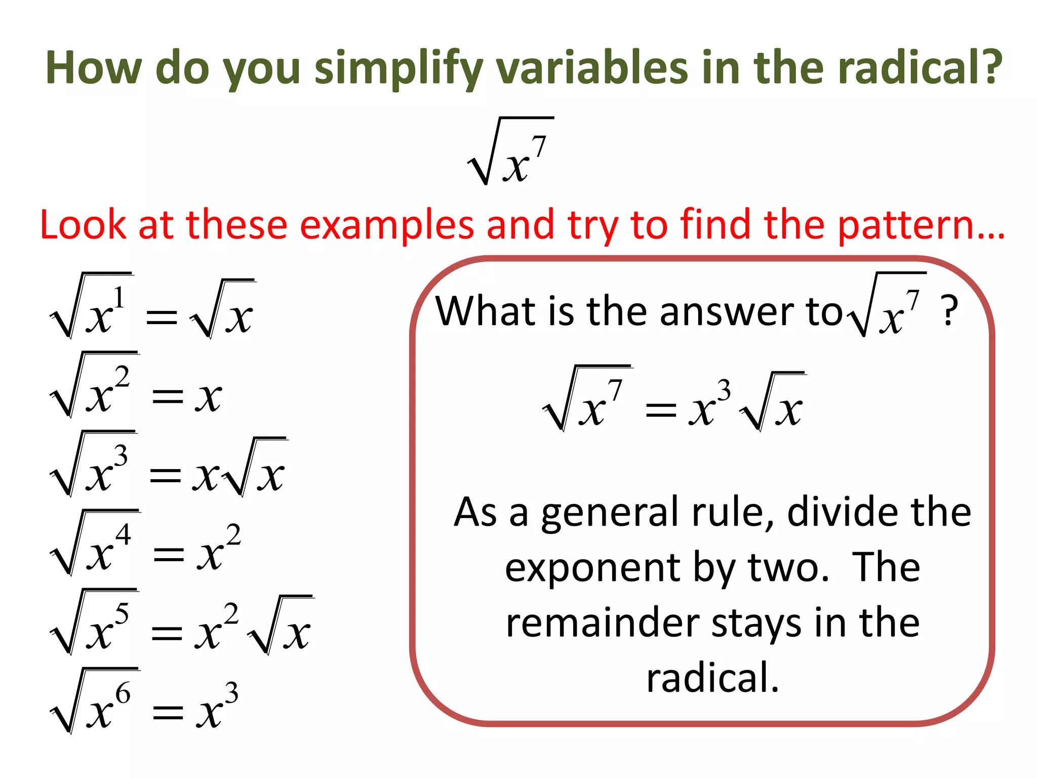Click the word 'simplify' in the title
(398, 68)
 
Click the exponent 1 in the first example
(118, 297)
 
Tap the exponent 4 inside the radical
(123, 534)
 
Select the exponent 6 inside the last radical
(123, 693)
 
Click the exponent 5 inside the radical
(122, 614)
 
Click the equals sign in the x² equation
(168, 397)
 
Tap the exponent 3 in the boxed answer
(725, 391)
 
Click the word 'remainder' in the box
(603, 623)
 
